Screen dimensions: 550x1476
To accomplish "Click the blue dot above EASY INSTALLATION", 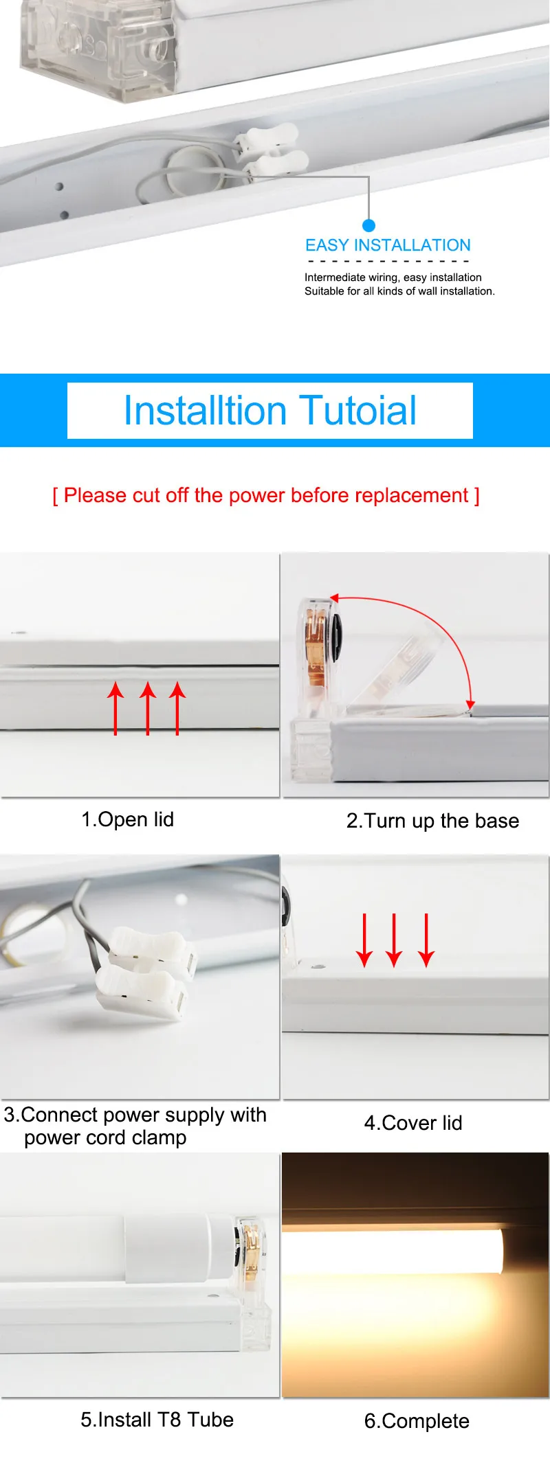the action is (368, 225).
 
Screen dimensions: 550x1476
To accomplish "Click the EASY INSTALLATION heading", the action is (388, 245).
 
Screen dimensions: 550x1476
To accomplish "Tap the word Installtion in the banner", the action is (204, 411).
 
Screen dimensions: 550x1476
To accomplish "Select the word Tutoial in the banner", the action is (357, 411).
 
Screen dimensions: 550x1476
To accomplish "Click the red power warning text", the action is (266, 495).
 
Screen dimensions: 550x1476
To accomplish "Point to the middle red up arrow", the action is (147, 708).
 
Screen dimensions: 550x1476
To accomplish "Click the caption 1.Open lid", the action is (127, 819).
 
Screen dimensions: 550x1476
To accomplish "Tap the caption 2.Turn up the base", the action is (432, 821).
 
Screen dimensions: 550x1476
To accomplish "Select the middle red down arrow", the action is (394, 940).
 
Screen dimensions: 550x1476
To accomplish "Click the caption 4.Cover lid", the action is (413, 1123).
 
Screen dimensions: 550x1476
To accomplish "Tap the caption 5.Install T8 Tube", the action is (157, 1420).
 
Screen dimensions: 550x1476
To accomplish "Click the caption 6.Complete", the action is (417, 1421).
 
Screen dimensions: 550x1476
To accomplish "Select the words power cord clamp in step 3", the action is (105, 1138).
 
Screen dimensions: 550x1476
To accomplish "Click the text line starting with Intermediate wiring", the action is (393, 277).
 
